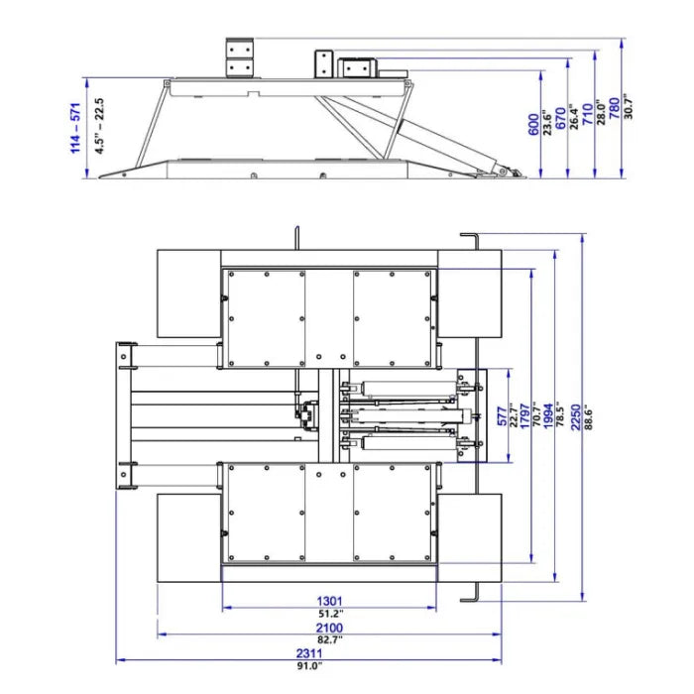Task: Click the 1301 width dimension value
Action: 329,601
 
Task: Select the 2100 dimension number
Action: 329,628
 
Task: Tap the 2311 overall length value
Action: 309,653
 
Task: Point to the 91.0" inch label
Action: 309,665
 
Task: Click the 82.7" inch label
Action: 330,639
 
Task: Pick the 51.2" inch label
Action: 330,614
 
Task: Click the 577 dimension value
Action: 503,416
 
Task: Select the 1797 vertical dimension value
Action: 524,416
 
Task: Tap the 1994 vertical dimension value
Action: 548,416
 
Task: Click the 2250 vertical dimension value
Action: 576,417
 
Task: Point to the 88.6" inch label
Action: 588,417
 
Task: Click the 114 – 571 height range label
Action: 75,128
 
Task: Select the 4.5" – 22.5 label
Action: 99,126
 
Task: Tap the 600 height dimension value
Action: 533,125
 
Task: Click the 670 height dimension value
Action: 560,118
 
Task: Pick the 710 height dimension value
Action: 587,114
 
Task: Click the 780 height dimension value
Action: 615,108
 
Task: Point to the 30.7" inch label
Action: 628,106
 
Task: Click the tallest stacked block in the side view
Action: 240,58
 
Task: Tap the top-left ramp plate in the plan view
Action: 189,293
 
